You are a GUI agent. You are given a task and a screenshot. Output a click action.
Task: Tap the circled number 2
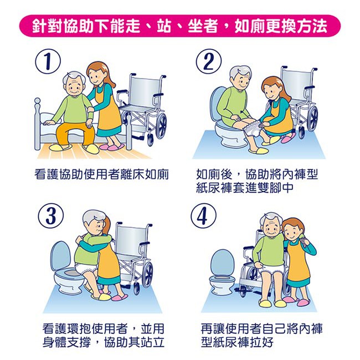pos(209,62)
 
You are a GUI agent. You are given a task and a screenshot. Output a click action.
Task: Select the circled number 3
pos(51,216)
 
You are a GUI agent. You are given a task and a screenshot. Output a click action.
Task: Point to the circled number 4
pos(204,216)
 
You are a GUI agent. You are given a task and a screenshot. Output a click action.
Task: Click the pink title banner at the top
pos(180,25)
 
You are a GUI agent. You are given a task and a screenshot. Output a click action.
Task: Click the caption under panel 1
pos(102,174)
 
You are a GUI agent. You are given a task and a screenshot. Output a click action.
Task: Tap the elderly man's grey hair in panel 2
pos(240,74)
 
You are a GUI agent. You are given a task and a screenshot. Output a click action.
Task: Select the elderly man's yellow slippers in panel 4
pos(272,302)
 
